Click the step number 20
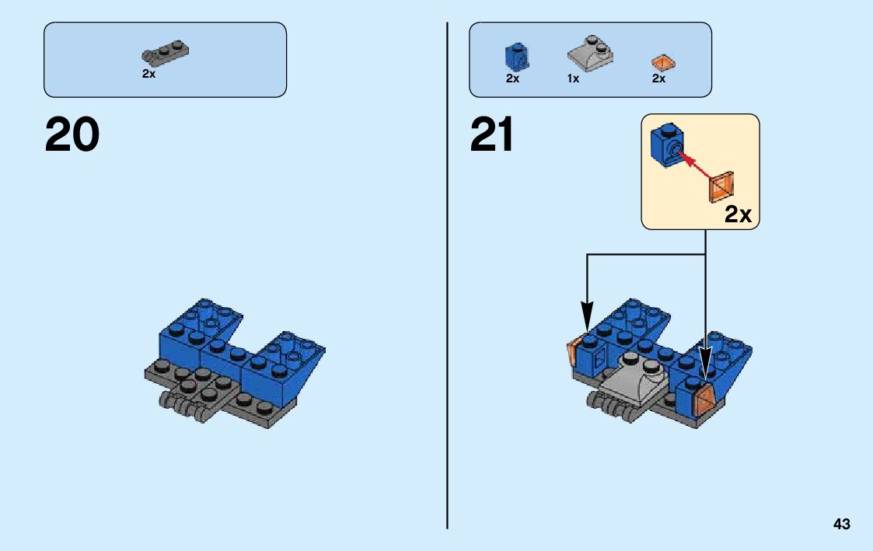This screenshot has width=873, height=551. (72, 134)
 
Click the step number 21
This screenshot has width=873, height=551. (492, 134)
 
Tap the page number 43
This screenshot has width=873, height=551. (841, 525)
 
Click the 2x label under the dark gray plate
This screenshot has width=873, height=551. (148, 74)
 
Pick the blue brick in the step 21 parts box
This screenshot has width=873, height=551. (513, 56)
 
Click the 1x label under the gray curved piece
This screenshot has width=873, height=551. (573, 78)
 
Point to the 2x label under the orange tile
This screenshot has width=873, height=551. (658, 78)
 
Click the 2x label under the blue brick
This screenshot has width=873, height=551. (512, 78)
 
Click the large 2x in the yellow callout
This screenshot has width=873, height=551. (738, 215)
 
